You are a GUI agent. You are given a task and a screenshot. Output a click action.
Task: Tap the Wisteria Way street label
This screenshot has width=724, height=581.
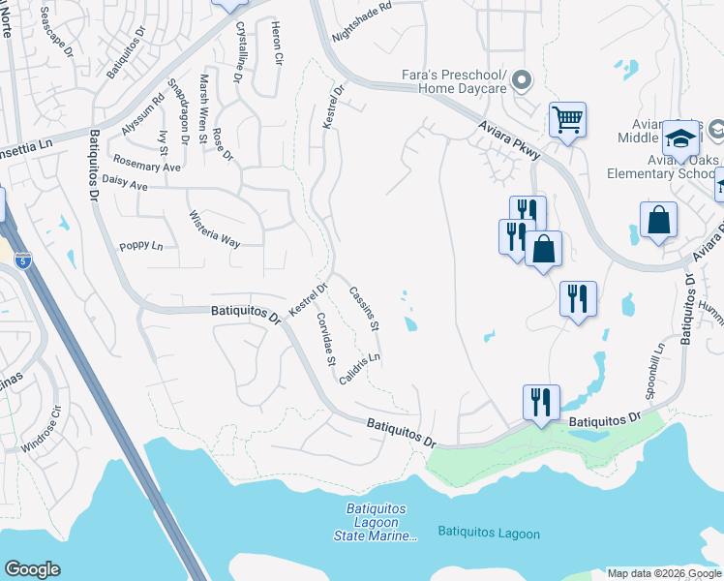pos(214,229)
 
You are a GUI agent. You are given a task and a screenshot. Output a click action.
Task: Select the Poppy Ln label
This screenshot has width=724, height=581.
pos(140,246)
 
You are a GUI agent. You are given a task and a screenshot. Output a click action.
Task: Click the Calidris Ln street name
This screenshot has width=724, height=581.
pos(360,369)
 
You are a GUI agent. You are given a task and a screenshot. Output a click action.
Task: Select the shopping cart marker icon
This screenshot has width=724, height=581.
pos(567,121)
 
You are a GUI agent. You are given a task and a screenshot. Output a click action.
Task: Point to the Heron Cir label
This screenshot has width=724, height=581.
pos(277,43)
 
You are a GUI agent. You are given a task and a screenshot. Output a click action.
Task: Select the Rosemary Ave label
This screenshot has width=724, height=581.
pos(146,162)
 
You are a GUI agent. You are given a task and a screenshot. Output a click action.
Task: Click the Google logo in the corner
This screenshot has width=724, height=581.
pos(32,569)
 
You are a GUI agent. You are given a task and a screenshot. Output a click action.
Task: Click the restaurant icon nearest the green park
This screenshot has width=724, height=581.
pos(540,401)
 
